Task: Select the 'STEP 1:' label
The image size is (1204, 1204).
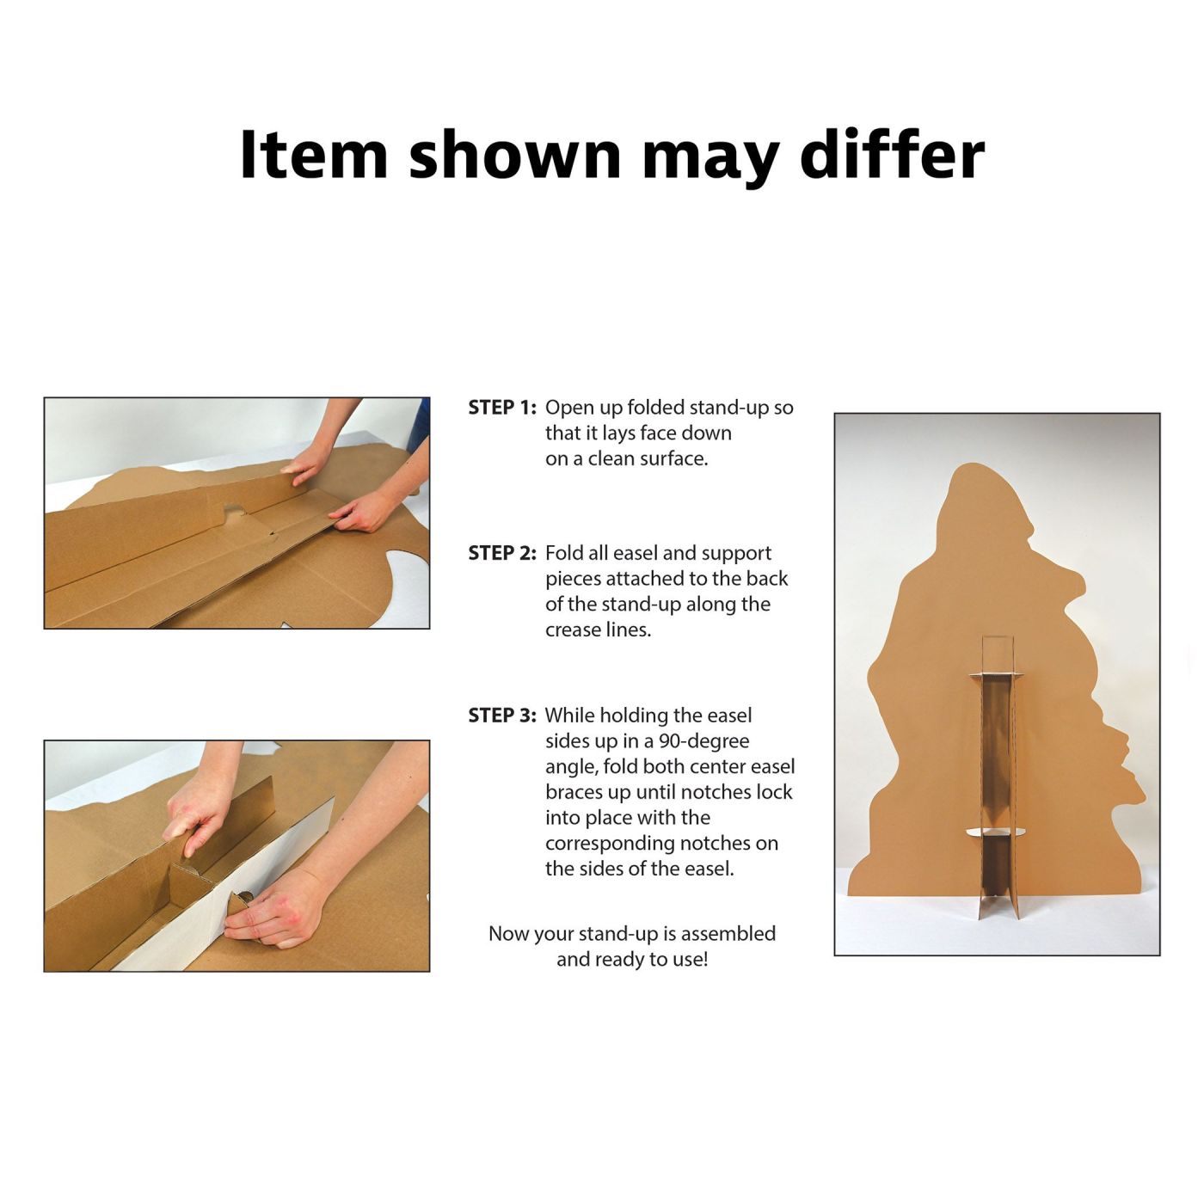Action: [x=502, y=408]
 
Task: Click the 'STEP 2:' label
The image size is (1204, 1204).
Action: [x=502, y=553]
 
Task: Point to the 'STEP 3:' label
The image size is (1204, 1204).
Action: [x=502, y=716]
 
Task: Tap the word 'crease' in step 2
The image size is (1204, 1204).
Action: [x=575, y=630]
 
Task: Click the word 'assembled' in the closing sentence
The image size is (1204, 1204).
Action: [x=728, y=933]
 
